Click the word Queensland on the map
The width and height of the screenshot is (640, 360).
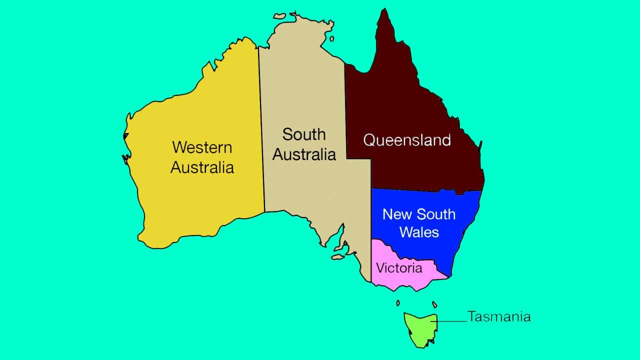[x=407, y=140]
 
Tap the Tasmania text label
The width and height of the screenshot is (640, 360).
[x=499, y=316]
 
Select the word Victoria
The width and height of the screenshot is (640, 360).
[x=399, y=268]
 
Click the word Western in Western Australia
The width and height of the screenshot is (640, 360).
[x=202, y=147]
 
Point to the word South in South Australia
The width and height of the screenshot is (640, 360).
[x=303, y=134]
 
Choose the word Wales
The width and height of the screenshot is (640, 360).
[x=419, y=232]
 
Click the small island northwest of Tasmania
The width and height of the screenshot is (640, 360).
[x=398, y=303]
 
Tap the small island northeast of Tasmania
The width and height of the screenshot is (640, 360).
[x=434, y=304]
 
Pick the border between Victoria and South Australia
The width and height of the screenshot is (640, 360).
[x=371, y=260]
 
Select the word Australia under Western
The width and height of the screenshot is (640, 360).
[x=202, y=167]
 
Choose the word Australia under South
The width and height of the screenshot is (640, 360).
[x=303, y=154]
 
